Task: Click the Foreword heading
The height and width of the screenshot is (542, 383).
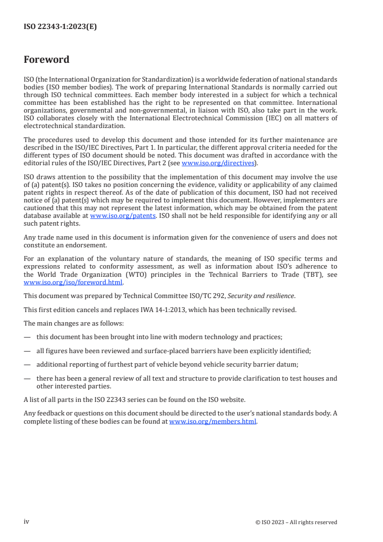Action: point(46,60)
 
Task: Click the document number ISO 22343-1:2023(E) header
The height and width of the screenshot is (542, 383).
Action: point(60,27)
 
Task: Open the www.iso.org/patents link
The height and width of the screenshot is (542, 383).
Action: point(123,215)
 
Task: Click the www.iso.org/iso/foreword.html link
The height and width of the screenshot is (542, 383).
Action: point(73,283)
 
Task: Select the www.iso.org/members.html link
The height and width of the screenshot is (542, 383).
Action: point(213,421)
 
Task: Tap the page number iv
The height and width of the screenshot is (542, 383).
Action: point(27,522)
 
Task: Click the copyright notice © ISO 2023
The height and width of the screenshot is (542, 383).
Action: point(296,522)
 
